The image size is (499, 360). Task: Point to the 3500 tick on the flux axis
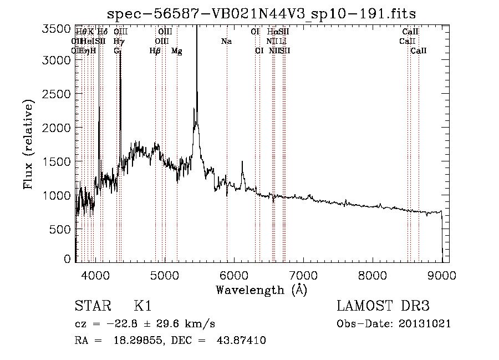pyautogui.click(x=57, y=28)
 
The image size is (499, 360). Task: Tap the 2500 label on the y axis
pyautogui.click(x=57, y=94)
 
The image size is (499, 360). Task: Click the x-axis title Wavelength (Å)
pyautogui.click(x=261, y=290)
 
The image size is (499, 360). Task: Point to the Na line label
pyautogui.click(x=226, y=42)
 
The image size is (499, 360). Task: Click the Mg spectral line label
pyautogui.click(x=177, y=51)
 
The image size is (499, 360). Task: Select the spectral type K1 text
pyautogui.click(x=142, y=306)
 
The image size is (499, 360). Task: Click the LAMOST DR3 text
pyautogui.click(x=383, y=306)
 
